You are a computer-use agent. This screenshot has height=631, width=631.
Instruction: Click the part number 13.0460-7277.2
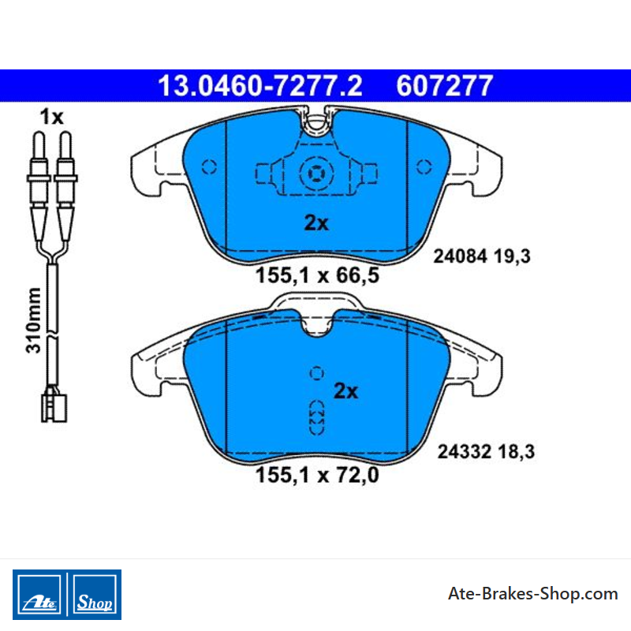[260, 86]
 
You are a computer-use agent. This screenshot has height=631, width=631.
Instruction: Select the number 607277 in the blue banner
[444, 86]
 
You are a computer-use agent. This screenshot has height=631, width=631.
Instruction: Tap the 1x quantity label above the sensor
[51, 117]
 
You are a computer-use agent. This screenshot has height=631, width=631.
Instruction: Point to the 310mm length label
[33, 320]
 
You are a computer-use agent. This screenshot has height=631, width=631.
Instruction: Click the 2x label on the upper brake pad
[316, 222]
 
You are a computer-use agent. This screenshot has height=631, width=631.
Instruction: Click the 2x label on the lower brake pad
[345, 390]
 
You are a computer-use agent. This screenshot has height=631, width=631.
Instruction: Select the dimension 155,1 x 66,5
[317, 275]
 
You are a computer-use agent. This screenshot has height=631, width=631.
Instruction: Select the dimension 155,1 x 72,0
[317, 475]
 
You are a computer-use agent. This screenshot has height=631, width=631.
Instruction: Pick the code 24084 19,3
[482, 256]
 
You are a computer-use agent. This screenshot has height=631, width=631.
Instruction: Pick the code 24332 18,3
[486, 451]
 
